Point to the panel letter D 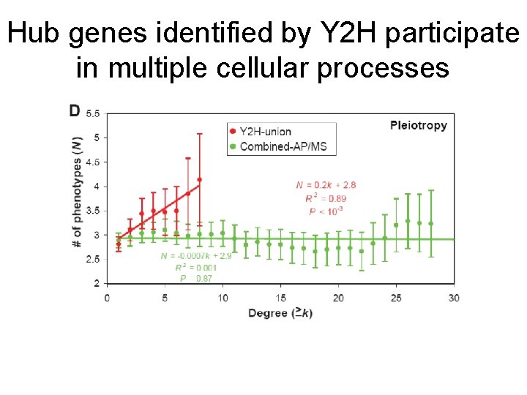(75, 111)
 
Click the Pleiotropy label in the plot (418, 125)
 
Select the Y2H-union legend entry (260, 132)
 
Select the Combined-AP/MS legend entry (277, 146)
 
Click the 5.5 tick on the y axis (93, 114)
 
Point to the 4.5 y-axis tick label (93, 162)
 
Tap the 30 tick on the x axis (454, 298)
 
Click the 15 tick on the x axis (280, 298)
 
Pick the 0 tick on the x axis (107, 298)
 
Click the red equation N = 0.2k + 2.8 (326, 185)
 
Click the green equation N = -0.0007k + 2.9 (195, 256)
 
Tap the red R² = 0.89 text (326, 198)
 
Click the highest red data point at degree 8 (199, 179)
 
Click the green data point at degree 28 (430, 223)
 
